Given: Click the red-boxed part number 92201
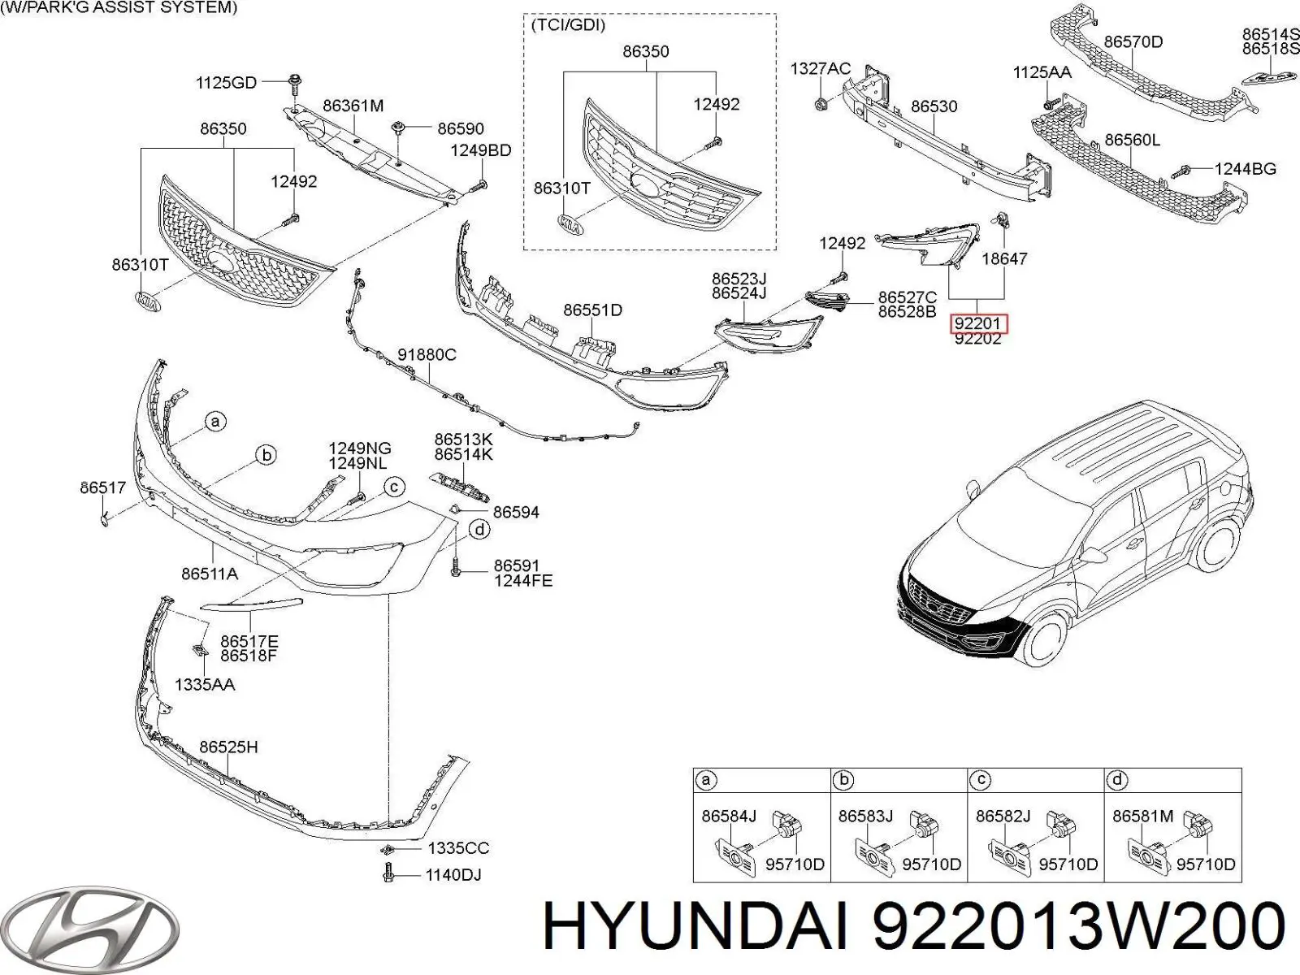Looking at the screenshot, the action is click(x=977, y=324).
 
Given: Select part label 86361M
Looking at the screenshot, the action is click(x=353, y=106).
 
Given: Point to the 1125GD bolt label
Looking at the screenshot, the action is click(x=226, y=82).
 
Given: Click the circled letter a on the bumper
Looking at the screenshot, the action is click(x=215, y=422).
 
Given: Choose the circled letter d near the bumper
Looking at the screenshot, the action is click(x=479, y=529).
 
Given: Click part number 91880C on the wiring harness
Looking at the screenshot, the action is click(x=427, y=354).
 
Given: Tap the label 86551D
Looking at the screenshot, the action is click(x=593, y=310).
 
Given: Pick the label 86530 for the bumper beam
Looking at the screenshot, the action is click(x=934, y=106).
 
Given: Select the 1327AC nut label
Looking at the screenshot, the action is click(x=821, y=69).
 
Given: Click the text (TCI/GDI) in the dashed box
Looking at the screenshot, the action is click(x=569, y=25).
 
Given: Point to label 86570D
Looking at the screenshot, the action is click(x=1133, y=41).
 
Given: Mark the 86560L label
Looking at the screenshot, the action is click(x=1133, y=140).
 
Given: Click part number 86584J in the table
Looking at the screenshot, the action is click(x=729, y=816).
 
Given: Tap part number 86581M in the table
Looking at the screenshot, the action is click(x=1143, y=816).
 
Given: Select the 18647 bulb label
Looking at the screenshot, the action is click(x=1004, y=258).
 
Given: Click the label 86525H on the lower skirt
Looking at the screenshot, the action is click(x=228, y=747).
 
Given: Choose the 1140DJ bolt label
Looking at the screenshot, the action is click(x=453, y=874).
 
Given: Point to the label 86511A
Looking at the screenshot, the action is click(x=210, y=574).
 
